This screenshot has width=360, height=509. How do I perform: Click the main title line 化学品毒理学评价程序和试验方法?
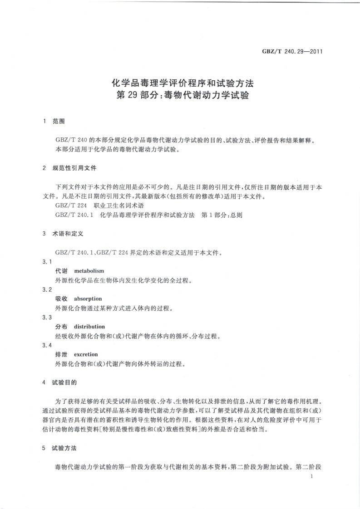(182, 83)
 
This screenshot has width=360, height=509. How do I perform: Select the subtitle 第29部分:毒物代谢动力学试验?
(182, 96)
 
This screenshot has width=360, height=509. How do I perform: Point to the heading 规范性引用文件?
(71, 168)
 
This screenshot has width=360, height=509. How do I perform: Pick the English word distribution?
(89, 327)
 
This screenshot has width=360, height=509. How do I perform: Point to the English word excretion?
(86, 354)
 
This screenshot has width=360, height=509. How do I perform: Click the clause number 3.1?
(47, 262)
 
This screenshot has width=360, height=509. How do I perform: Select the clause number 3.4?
(47, 345)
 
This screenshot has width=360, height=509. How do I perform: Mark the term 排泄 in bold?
(61, 354)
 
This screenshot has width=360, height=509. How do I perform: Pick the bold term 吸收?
(61, 299)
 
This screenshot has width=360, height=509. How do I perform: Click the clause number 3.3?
(47, 318)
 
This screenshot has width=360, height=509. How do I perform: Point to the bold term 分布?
(61, 327)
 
